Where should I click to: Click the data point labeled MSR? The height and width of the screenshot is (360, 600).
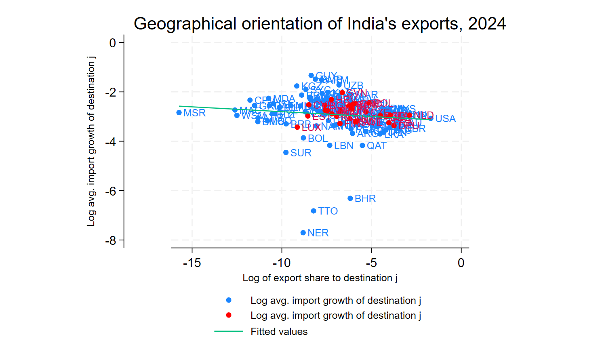(179, 113)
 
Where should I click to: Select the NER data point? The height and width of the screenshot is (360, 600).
(303, 233)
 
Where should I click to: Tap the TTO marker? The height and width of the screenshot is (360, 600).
(314, 211)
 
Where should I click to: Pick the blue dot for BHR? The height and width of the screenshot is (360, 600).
(350, 198)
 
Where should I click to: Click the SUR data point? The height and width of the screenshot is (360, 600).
(286, 153)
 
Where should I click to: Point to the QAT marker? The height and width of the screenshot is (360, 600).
(362, 145)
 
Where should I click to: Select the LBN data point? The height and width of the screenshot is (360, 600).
(330, 145)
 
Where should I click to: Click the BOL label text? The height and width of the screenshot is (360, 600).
(318, 138)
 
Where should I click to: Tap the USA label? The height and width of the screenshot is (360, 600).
(445, 119)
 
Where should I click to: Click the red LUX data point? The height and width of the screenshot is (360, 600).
(297, 127)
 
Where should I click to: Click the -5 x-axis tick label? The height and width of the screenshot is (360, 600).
(371, 263)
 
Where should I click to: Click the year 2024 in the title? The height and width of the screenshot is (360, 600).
(487, 24)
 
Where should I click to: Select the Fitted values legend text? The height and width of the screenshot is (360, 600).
(279, 332)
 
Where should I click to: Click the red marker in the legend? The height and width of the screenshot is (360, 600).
(229, 315)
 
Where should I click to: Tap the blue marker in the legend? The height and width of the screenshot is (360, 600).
(229, 300)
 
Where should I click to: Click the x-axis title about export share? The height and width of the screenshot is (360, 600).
(320, 278)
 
